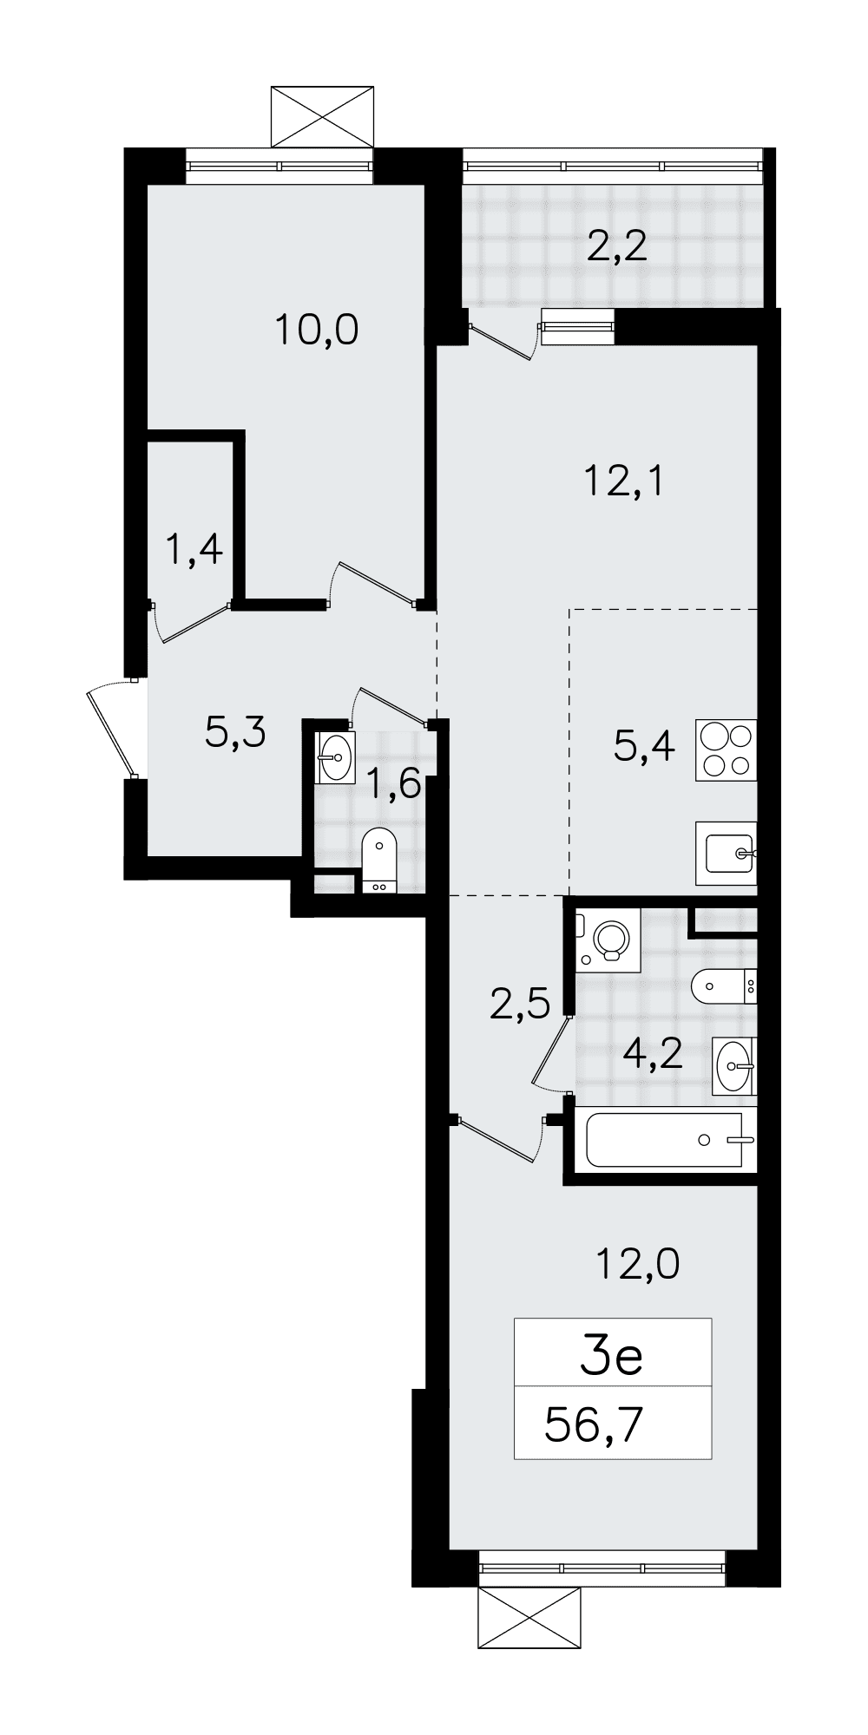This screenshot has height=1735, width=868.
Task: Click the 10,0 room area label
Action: pyautogui.click(x=317, y=331)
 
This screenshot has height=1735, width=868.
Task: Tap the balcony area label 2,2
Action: pyautogui.click(x=617, y=248)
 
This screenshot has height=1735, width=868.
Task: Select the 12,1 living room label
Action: pyautogui.click(x=624, y=481)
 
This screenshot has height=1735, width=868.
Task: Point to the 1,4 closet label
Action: pyautogui.click(x=194, y=550)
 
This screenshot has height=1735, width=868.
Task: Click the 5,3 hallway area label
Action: pyautogui.click(x=234, y=734)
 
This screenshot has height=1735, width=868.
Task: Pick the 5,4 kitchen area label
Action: pyautogui.click(x=644, y=745)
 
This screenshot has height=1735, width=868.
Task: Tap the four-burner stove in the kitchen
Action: pyautogui.click(x=726, y=750)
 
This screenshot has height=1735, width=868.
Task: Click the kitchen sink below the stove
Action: pyautogui.click(x=727, y=853)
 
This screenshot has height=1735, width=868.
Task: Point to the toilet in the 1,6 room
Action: pyautogui.click(x=378, y=860)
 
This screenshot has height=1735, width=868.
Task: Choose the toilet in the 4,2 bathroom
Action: pyautogui.click(x=724, y=985)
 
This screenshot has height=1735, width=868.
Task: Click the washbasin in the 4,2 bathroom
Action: pyautogui.click(x=734, y=1066)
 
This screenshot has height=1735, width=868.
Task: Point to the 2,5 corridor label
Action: pyautogui.click(x=520, y=1005)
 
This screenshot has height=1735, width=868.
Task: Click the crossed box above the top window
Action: pyautogui.click(x=323, y=117)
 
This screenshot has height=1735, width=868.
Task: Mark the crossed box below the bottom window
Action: pyautogui.click(x=529, y=1618)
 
